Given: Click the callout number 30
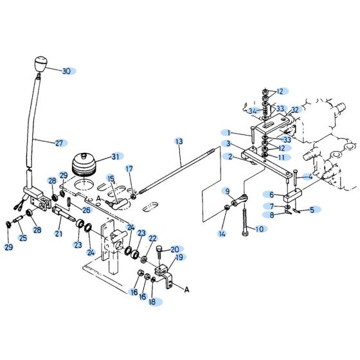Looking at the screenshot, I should tap(66, 71).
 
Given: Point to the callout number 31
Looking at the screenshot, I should tap(115, 156).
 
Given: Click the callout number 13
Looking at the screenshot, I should tap(179, 141).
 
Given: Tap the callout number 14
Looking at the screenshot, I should tap(222, 234).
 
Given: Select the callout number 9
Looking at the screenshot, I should tap(226, 190).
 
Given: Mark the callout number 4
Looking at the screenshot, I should tap(310, 176).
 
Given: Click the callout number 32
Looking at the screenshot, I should tap(295, 110).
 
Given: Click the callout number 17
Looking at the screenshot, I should tap(129, 169).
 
